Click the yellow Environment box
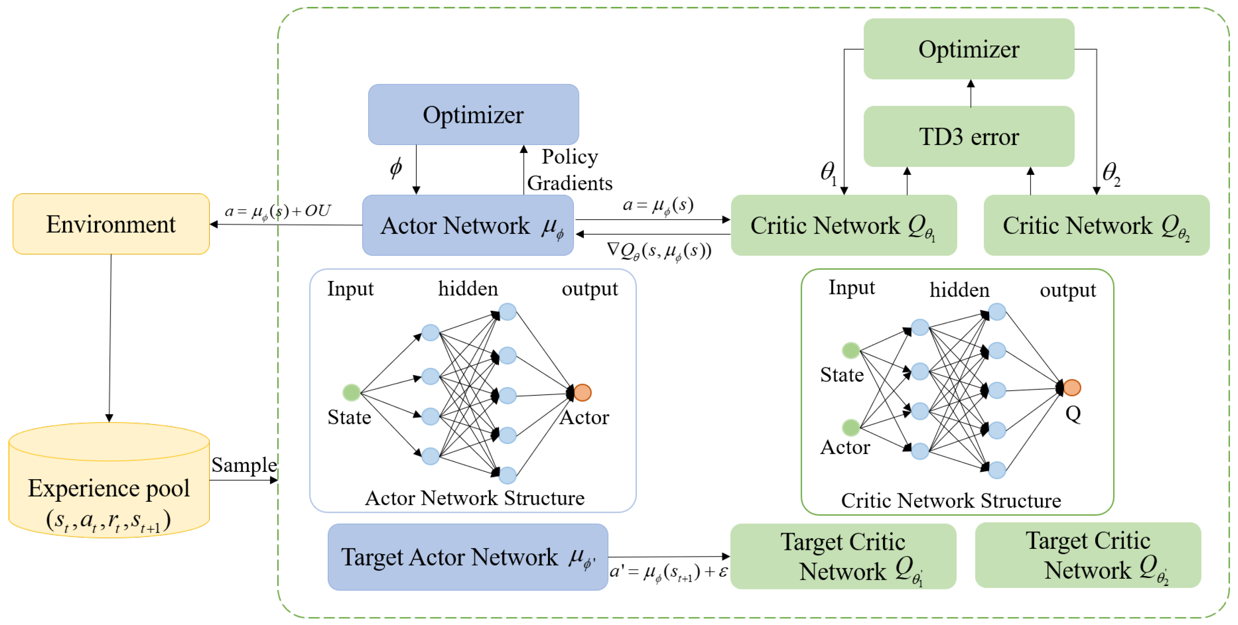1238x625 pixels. pos(111,224)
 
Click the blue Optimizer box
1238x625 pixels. pos(473,115)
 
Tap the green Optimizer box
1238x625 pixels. pos(968,49)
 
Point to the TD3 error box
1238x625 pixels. pos(968,136)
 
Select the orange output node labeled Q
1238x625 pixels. pos(1072,387)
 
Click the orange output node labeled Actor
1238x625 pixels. pos(582,392)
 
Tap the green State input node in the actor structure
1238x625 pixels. pos(351,392)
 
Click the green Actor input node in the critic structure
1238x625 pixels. pos(850,427)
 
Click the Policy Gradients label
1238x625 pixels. pos(569,170)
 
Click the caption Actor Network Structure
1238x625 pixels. pos(474,498)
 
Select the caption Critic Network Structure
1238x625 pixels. pos(950,501)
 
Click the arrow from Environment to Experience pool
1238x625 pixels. pos(110,336)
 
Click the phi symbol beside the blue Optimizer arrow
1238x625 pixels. pos(396,167)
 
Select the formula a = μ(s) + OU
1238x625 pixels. pos(278,211)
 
